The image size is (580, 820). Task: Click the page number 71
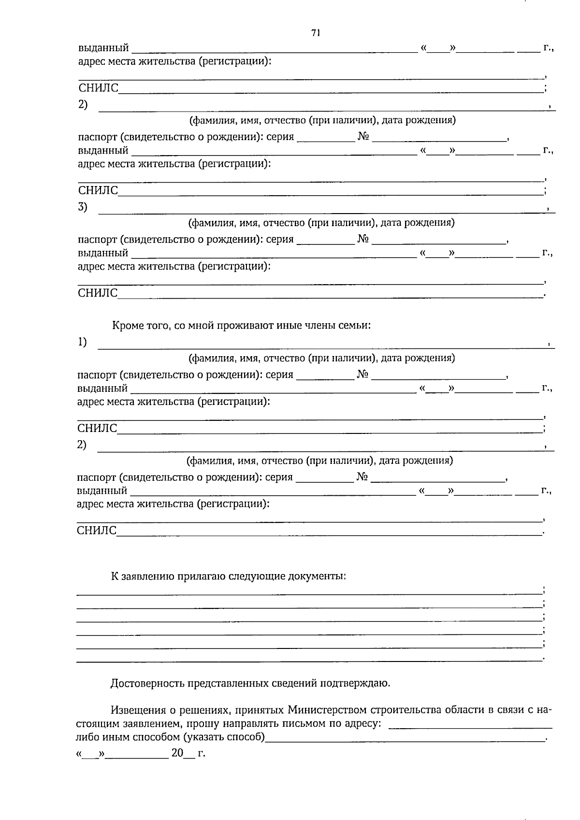pos(316,33)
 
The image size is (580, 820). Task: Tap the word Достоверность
pos(148,683)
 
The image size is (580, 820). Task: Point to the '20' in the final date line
pos(177,753)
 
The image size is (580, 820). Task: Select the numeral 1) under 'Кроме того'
pos(82,343)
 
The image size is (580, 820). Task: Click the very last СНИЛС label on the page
pos(97,531)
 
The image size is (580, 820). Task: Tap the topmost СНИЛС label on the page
pos(99,88)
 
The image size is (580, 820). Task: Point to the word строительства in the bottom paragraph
pos(405,710)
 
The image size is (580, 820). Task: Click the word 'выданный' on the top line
pos(103,48)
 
